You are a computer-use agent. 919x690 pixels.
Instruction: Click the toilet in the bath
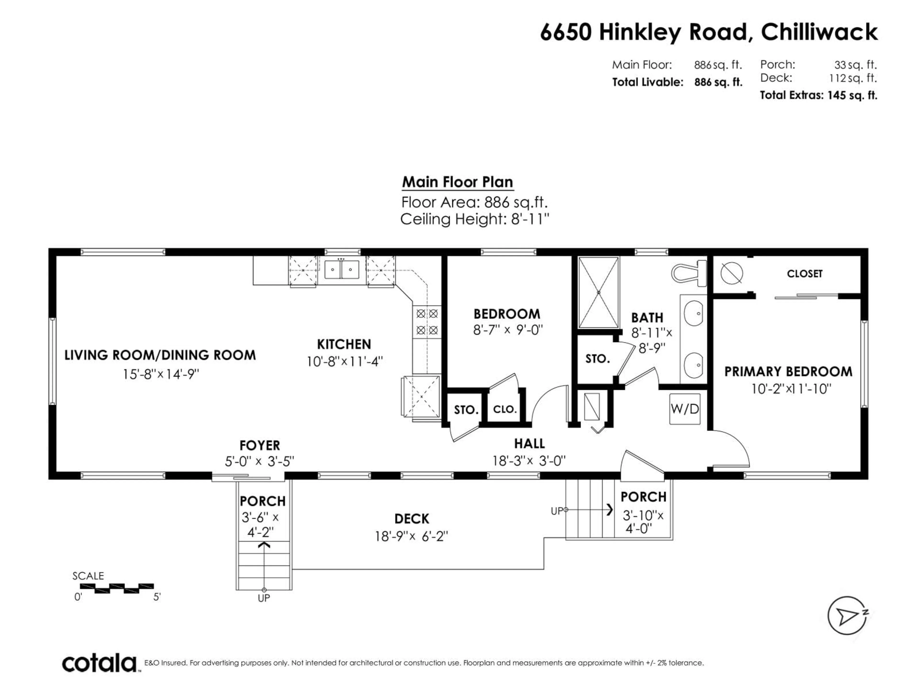[689, 273]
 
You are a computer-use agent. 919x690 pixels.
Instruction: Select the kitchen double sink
[342, 270]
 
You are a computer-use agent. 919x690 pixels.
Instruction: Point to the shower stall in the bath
[598, 292]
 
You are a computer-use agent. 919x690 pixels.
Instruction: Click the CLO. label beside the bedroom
[505, 409]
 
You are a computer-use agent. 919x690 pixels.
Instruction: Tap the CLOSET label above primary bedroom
[804, 274]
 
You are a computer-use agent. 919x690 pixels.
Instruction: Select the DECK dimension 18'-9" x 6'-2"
[411, 536]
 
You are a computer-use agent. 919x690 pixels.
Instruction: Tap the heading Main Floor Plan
[457, 182]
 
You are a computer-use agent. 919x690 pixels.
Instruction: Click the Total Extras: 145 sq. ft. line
[818, 95]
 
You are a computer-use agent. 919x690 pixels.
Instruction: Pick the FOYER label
[260, 445]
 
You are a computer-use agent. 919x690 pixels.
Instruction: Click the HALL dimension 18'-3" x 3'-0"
[529, 460]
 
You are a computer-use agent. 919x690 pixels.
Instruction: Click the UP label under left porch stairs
[264, 598]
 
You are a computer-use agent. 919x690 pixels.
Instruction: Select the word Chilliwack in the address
[819, 32]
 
